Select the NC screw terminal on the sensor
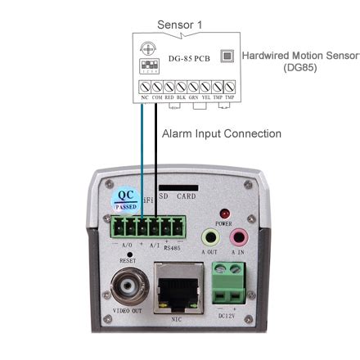pos(144,86)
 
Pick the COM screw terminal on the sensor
pos(156,86)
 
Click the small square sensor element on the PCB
pos(228,56)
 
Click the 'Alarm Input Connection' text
pos(221,133)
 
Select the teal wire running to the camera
pos(143,155)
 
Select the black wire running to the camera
pos(155,155)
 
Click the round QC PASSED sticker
pos(125,199)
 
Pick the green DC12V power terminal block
pos(229,286)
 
